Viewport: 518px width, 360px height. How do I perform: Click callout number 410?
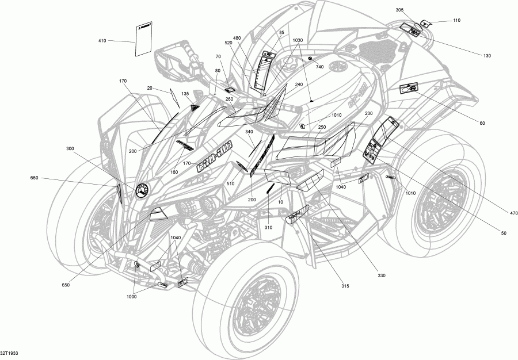pyautogui.click(x=102, y=40)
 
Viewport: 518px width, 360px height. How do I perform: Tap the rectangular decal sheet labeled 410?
pyautogui.click(x=143, y=39)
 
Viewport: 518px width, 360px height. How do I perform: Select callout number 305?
pyautogui.click(x=399, y=10)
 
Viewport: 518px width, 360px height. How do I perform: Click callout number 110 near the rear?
pyautogui.click(x=456, y=21)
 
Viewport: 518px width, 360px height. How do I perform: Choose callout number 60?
pyautogui.click(x=482, y=122)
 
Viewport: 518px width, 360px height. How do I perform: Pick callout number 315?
pyautogui.click(x=345, y=286)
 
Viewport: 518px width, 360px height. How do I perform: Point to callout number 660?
pyautogui.click(x=35, y=178)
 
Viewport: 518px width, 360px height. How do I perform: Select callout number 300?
pyautogui.click(x=70, y=149)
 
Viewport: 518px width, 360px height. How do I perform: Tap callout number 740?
pyautogui.click(x=319, y=67)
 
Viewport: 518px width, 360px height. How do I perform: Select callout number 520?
pyautogui.click(x=228, y=43)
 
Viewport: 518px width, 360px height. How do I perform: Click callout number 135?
pyautogui.click(x=185, y=94)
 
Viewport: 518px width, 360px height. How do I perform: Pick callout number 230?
pyautogui.click(x=369, y=113)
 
